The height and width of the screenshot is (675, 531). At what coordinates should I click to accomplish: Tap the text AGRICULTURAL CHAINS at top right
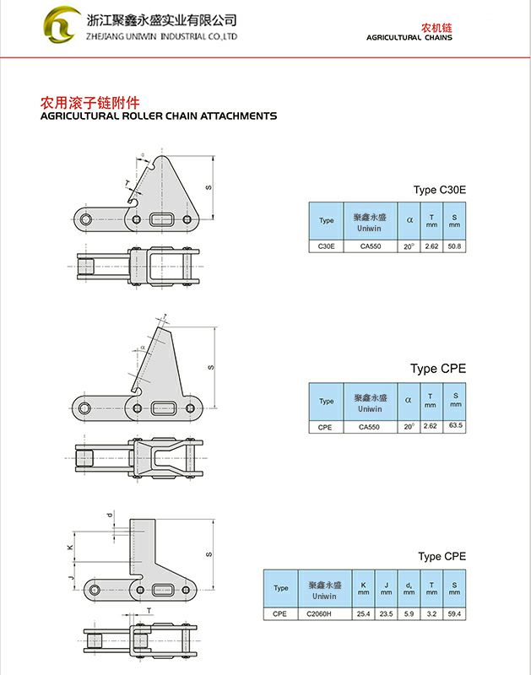click(x=409, y=38)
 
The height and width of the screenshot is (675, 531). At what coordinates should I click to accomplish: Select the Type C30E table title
click(x=439, y=190)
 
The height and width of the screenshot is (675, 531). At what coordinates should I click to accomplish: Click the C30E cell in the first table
click(x=327, y=246)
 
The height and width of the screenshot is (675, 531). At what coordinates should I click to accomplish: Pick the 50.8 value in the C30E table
click(x=454, y=246)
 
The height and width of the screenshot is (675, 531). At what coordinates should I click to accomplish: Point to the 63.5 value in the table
click(x=456, y=426)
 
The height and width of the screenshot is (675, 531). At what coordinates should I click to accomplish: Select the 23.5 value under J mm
click(x=387, y=614)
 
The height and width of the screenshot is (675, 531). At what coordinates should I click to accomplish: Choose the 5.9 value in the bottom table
click(x=409, y=614)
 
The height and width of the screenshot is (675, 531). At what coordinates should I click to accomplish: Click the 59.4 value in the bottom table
click(x=455, y=614)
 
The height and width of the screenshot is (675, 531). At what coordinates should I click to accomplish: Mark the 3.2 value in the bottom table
click(x=432, y=614)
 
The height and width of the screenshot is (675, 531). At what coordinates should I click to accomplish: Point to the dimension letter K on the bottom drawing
click(x=71, y=547)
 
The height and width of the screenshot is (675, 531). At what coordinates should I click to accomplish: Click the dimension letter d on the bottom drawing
click(x=109, y=515)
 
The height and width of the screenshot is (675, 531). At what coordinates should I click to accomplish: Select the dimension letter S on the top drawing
click(x=208, y=186)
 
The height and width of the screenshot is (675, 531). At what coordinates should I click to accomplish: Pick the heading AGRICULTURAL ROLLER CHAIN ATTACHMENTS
click(x=159, y=116)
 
